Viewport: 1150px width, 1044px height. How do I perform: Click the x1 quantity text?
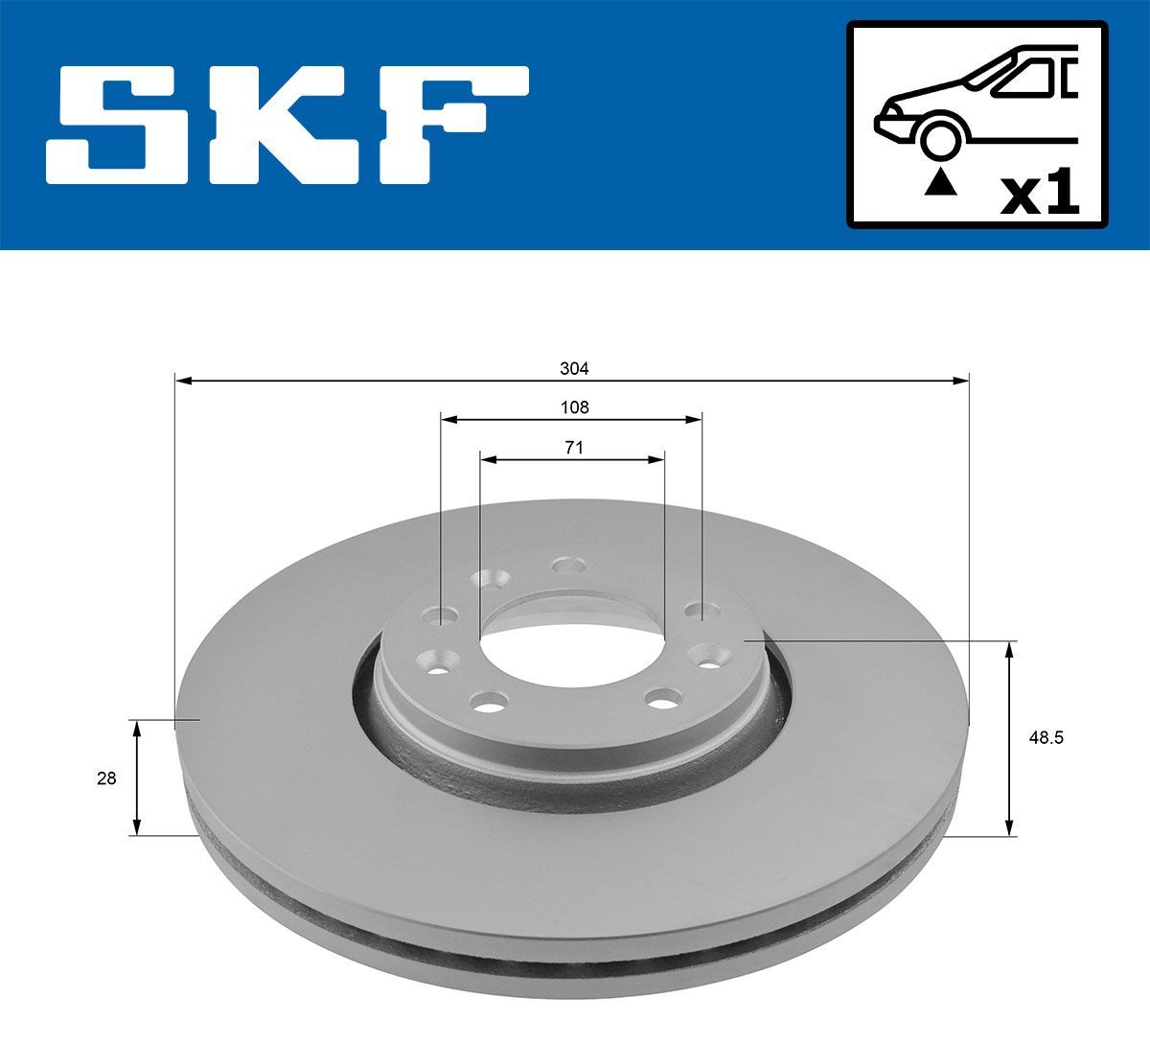(x=1039, y=196)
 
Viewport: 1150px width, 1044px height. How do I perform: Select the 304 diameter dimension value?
(x=574, y=368)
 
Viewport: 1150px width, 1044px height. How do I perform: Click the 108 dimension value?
(x=574, y=407)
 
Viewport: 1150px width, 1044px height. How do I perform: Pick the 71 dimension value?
(x=574, y=447)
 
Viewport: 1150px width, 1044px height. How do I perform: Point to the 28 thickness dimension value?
(x=106, y=778)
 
